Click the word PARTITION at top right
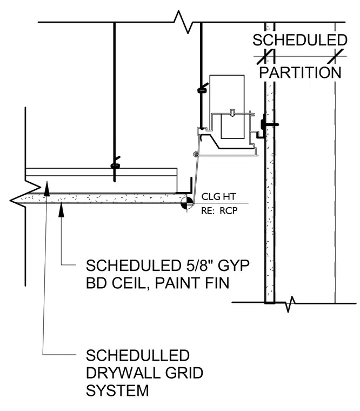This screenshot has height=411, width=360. coord(300,72)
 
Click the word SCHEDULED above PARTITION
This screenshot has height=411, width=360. coord(300,40)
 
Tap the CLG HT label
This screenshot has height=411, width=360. coord(218,197)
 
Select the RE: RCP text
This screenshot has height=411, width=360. coord(219,211)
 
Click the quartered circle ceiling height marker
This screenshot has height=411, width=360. coord(187,203)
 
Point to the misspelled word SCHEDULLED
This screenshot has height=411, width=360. coord(137,355)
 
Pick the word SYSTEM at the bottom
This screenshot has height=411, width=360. coord(117,390)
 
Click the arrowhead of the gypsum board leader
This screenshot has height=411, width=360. coord(61,209)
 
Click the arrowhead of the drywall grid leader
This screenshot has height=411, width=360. coord(46,188)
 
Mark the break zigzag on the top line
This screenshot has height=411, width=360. coord(183,22)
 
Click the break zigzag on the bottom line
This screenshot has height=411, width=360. coord(290,304)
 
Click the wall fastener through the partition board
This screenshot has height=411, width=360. coord(269,124)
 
